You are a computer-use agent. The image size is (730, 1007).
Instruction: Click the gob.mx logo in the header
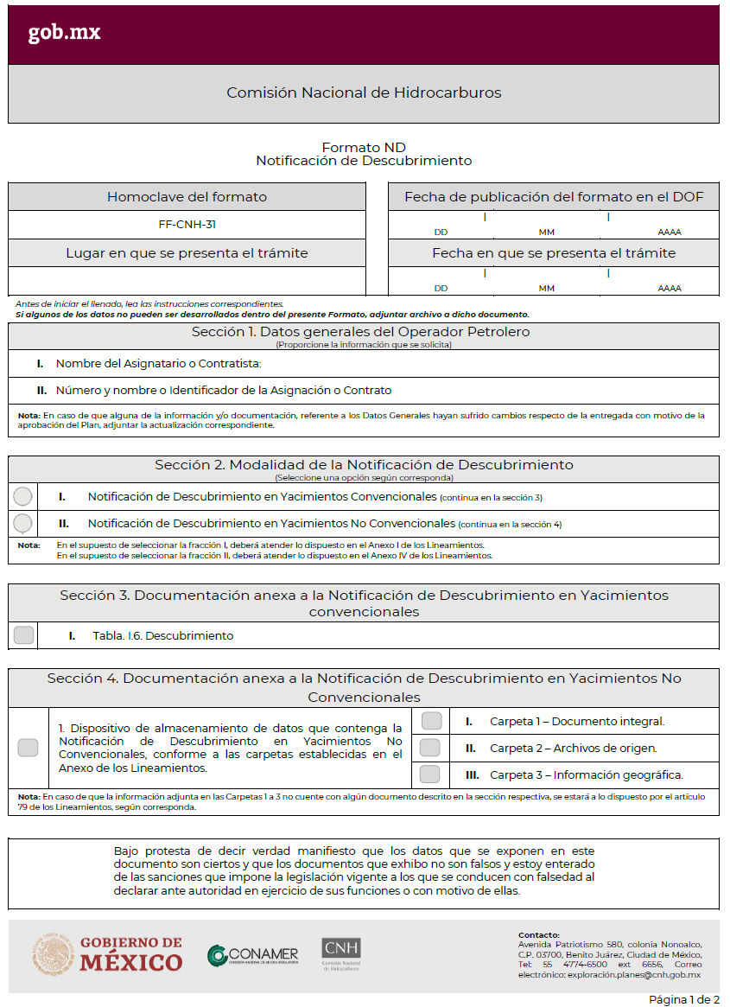[x=64, y=33]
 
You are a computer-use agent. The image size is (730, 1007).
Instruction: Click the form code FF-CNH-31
[x=187, y=225]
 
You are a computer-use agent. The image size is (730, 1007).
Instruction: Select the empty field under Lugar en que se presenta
[x=187, y=281]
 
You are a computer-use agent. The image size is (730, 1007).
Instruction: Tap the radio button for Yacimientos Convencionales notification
[x=23, y=496]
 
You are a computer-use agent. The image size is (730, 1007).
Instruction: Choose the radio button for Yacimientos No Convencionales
[x=23, y=523]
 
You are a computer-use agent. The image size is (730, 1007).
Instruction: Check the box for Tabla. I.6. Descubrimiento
[x=24, y=635]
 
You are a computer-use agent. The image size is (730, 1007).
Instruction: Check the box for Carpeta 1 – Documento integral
[x=430, y=721]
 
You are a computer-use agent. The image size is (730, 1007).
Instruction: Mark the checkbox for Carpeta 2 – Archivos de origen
[x=430, y=748]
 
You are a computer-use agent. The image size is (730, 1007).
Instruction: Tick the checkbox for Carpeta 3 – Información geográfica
[x=430, y=774]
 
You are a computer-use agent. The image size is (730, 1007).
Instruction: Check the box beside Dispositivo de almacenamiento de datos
[x=28, y=748]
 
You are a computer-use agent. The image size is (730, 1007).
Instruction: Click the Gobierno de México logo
[x=109, y=953]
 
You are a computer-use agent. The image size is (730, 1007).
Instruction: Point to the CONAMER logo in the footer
[x=253, y=955]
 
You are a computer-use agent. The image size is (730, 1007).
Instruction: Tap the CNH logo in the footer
[x=341, y=953]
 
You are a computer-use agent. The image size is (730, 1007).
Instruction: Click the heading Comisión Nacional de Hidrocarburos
[x=364, y=92]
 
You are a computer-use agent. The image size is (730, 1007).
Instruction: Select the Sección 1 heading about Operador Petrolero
[x=360, y=332]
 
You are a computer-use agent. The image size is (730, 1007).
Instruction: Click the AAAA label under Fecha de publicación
[x=669, y=232]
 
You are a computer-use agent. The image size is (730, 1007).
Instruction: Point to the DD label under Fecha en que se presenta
[x=441, y=288]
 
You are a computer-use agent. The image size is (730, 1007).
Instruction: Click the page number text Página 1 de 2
[x=683, y=999]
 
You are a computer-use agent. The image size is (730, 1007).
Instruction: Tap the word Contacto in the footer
[x=539, y=934]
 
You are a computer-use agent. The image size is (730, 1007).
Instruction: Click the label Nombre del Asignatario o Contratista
[x=158, y=364]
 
